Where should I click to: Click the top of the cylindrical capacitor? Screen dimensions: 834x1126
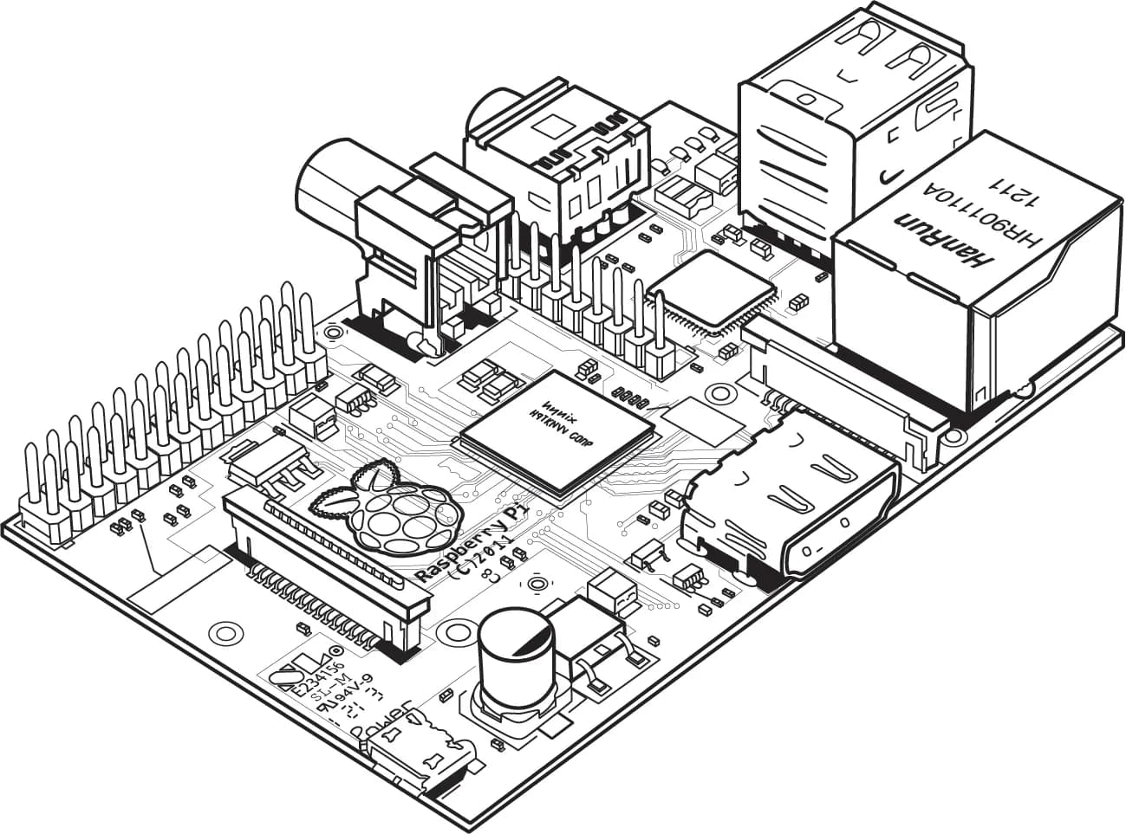click(x=517, y=638)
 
